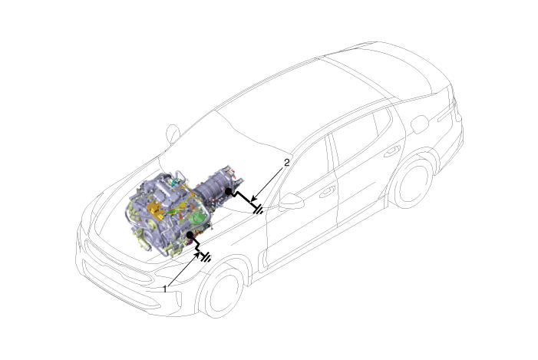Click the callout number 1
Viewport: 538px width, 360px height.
pos(165,289)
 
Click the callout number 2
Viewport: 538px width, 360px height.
pos(287,162)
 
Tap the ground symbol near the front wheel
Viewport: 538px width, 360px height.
pos(206,257)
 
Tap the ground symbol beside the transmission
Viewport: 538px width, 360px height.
pos(259,209)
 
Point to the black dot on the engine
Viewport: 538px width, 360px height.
pos(190,235)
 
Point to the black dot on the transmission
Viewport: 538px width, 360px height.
pos(228,191)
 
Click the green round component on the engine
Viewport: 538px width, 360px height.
pos(198,218)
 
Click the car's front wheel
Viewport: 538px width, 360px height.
pos(222,292)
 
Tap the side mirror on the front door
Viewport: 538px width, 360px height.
pos(292,201)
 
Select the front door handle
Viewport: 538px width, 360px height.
pos(327,192)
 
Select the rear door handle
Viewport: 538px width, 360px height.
pos(392,151)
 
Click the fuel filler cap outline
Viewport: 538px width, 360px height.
pos(420,124)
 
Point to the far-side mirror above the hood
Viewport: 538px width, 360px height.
pos(173,134)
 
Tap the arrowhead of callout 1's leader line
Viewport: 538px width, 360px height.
pos(197,255)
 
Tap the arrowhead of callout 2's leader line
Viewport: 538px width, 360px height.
pos(253,199)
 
